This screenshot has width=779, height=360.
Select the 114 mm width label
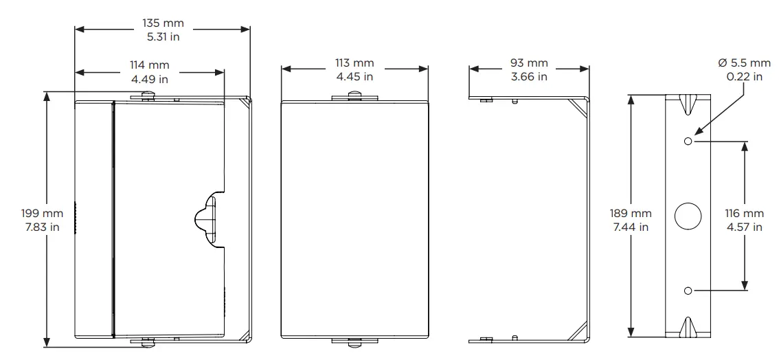click(149, 65)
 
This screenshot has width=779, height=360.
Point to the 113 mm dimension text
click(355, 63)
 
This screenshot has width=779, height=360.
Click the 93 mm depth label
click(529, 63)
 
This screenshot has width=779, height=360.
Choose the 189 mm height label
click(631, 214)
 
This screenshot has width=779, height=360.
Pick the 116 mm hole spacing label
click(743, 214)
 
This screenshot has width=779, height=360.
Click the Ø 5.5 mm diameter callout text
click(744, 63)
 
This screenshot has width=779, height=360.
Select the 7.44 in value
click(631, 227)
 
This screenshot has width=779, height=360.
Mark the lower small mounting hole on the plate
click(688, 291)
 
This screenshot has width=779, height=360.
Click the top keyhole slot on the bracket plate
click(687, 103)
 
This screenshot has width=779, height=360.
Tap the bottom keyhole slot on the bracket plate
click(687, 328)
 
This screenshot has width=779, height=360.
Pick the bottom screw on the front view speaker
click(354, 341)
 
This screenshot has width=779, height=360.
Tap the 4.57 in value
click(743, 227)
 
